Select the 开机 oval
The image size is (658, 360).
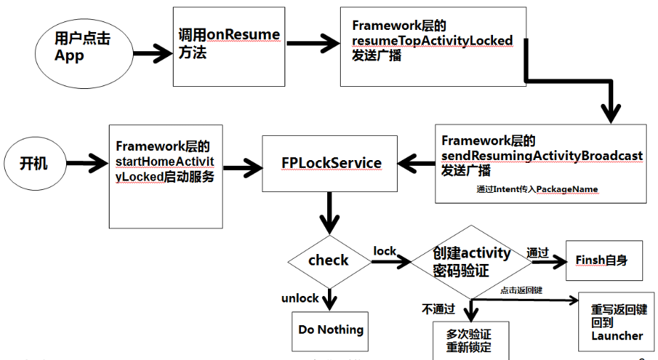pyautogui.click(x=37, y=162)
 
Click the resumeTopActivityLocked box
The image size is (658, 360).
pyautogui.click(x=433, y=46)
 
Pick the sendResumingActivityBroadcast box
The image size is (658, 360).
pyautogui.click(x=541, y=162)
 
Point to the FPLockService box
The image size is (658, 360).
pyautogui.click(x=329, y=163)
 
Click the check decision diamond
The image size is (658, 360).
pyautogui.click(x=329, y=260)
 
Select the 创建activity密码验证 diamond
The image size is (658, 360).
pyautogui.click(x=472, y=261)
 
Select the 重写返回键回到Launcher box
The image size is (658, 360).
pyautogui.click(x=617, y=323)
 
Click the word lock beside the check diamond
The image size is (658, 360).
pyautogui.click(x=385, y=251)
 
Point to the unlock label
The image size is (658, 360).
pyautogui.click(x=299, y=298)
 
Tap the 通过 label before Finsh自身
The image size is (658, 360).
pyautogui.click(x=537, y=252)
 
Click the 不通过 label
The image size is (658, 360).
pyautogui.click(x=437, y=309)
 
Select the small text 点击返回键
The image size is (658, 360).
pyautogui.click(x=521, y=290)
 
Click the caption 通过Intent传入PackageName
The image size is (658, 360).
pyautogui.click(x=537, y=189)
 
